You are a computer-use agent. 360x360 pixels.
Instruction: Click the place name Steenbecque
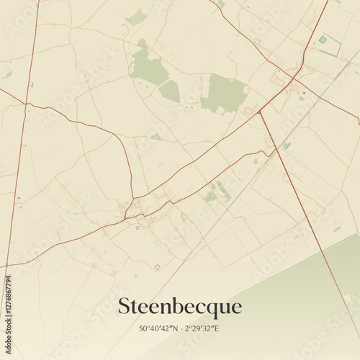pos(179,307)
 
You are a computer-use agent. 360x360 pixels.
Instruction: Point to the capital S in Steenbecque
pos(125,306)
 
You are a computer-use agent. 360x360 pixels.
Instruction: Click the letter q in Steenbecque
pos(210,309)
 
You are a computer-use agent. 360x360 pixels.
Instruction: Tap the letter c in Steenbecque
pos(198,307)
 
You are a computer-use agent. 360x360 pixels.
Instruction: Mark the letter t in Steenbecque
pos(135,307)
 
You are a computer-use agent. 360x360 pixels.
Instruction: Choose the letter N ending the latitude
pos(174,329)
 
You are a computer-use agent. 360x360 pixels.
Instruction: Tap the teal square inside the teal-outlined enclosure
pos(323,39)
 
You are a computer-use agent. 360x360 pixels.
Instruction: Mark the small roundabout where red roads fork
pos(270,151)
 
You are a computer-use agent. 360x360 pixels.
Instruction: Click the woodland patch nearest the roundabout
pos(225,93)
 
